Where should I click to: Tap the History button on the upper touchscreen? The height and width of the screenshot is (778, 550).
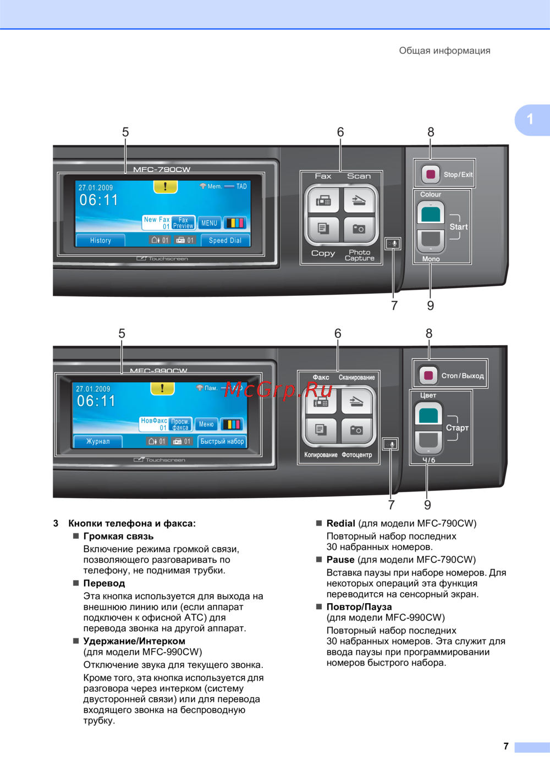pos(100,240)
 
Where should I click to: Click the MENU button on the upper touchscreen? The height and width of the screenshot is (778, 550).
pos(209,223)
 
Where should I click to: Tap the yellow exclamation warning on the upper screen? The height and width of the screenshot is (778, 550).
pos(165,187)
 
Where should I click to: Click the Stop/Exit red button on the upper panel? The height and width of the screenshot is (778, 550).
pos(431,174)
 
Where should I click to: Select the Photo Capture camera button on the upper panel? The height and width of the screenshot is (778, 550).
pos(359,229)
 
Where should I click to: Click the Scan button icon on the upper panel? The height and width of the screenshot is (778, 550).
pos(359,201)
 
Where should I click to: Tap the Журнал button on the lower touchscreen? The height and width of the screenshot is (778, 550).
pos(97,441)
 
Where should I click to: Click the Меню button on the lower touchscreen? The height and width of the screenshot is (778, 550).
pos(206,424)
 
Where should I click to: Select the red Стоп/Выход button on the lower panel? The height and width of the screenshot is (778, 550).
pos(428,376)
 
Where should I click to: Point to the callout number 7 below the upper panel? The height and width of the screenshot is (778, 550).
pos(394,306)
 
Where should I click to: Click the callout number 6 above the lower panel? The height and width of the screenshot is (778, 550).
pos(338,333)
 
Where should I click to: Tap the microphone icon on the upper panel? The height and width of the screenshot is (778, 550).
pos(393,243)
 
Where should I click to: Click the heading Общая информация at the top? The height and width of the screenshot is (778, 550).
pos(444,51)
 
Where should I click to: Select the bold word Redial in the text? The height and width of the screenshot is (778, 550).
pos(340,523)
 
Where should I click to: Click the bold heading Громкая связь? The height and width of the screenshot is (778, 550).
pos(118,536)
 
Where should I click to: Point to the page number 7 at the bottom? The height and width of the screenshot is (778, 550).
pos(506,746)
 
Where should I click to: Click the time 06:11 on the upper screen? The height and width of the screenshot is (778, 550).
pos(99,200)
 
